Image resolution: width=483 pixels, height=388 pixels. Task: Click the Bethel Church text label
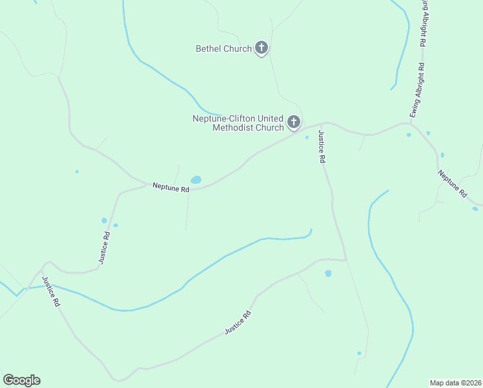tap(223, 48)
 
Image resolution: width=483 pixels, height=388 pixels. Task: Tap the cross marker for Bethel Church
tap(262, 47)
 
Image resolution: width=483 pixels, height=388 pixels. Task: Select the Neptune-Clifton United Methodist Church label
tap(238, 123)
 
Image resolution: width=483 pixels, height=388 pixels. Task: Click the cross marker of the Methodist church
tap(294, 122)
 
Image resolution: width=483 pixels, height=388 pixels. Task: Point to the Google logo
tap(21, 380)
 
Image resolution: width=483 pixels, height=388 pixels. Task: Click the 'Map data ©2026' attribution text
tap(455, 383)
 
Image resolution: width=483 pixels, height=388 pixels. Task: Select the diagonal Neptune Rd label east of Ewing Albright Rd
tap(452, 184)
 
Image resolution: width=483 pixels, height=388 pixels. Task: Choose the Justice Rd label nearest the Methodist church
tap(321, 146)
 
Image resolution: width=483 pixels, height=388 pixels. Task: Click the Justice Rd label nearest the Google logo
tap(51, 291)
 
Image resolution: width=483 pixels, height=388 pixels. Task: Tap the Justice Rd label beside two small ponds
tap(106, 247)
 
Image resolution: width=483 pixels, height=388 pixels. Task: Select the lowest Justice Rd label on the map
tap(237, 322)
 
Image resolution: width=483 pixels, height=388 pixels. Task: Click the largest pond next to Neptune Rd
tap(196, 180)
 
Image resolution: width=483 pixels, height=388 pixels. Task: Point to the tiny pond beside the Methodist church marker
tap(307, 137)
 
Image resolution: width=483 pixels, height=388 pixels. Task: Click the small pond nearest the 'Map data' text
tap(359, 353)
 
